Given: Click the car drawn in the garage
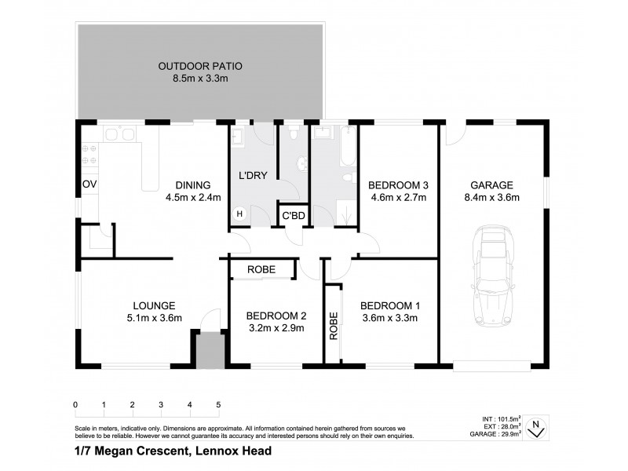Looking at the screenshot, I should point(493,276).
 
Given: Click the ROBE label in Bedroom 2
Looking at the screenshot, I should point(261,270).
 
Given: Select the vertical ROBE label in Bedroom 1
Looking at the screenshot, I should point(334,325).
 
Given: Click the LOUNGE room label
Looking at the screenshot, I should point(154,305).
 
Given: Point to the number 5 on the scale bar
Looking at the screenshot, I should point(218,405).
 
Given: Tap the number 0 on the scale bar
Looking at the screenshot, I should point(75,405).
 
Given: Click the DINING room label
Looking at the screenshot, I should point(193,185).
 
